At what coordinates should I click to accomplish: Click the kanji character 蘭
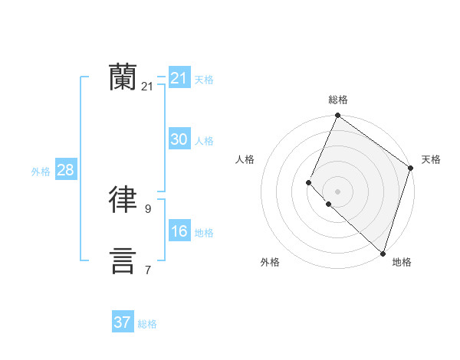click(123, 77)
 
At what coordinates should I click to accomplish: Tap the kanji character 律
click(123, 200)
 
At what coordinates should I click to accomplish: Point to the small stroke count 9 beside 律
click(147, 208)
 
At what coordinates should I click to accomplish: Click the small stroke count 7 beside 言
click(147, 270)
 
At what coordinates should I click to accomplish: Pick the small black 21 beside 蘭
click(147, 87)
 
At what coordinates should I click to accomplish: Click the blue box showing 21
click(179, 78)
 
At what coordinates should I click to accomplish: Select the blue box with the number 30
click(179, 139)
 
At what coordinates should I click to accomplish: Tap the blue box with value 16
click(179, 231)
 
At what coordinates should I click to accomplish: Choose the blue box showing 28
click(66, 170)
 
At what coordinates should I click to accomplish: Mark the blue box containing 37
click(123, 322)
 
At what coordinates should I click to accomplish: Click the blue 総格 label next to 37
click(147, 324)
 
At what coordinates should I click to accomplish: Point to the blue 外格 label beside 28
click(41, 172)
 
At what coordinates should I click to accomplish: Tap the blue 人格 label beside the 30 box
click(204, 141)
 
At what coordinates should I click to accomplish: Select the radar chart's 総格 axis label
click(337, 100)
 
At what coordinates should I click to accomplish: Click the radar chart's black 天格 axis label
click(431, 159)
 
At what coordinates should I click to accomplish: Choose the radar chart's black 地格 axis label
click(402, 262)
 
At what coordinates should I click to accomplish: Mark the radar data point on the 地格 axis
click(383, 254)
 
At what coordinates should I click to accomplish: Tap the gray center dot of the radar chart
click(337, 191)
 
